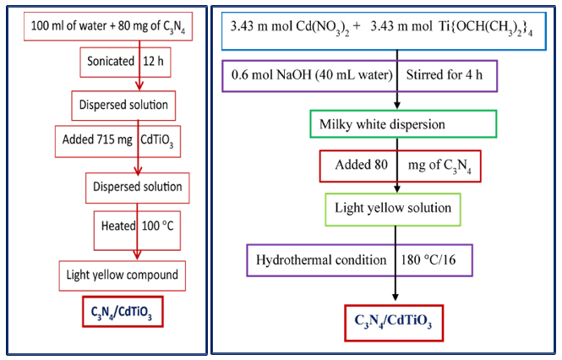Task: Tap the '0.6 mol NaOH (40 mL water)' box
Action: tap(360, 76)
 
